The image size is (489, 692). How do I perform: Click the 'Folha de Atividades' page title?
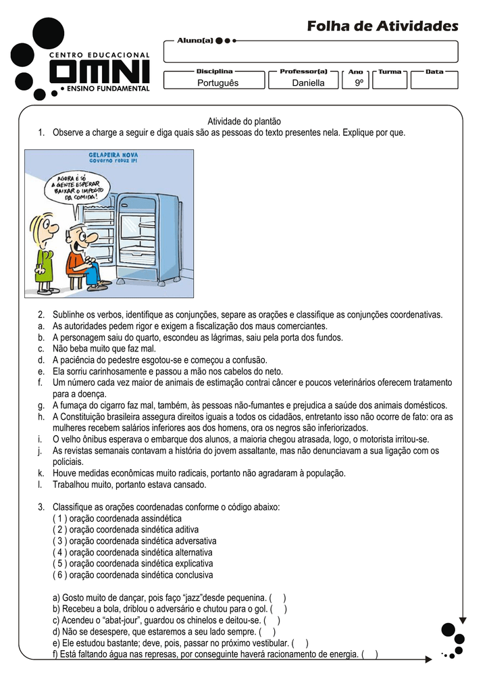(x=382, y=26)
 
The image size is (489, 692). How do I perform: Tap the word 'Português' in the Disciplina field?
(x=217, y=83)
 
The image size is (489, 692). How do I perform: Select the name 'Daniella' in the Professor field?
(x=308, y=83)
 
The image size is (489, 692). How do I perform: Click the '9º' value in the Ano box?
(x=359, y=83)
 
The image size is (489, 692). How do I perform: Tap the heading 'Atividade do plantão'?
(x=243, y=121)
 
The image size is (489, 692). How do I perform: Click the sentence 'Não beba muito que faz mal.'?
(x=104, y=349)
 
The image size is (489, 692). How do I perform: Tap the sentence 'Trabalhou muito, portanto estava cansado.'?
(x=130, y=485)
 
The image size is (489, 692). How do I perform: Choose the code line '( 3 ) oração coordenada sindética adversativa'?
(x=134, y=541)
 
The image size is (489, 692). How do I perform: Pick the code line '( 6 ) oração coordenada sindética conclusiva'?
(x=132, y=575)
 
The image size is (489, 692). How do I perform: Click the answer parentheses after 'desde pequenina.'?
(x=278, y=598)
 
